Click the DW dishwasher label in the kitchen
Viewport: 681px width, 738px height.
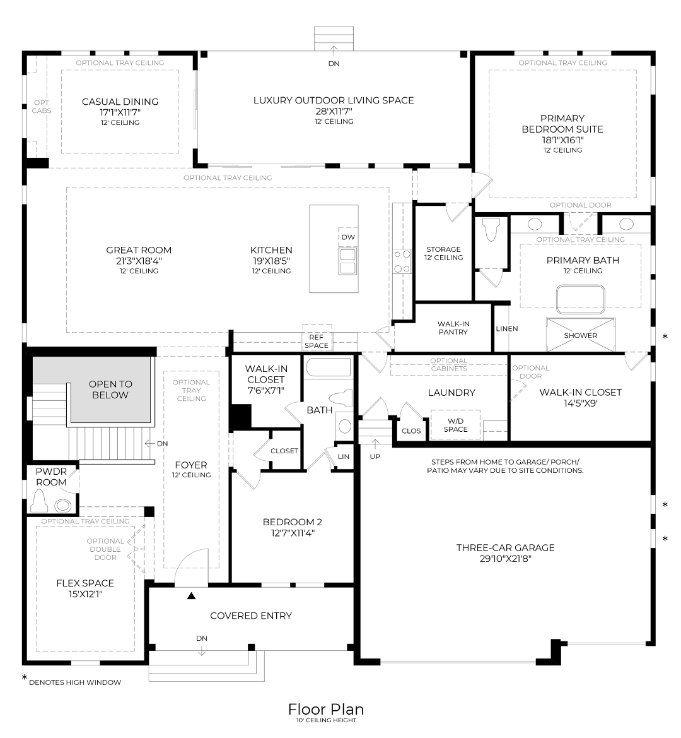pyautogui.click(x=348, y=237)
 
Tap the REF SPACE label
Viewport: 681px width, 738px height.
pyautogui.click(x=316, y=342)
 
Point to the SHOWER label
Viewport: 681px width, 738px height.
pyautogui.click(x=580, y=335)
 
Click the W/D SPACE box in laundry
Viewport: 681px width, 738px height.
pyautogui.click(x=455, y=425)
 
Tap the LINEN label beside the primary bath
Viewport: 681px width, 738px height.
pyautogui.click(x=507, y=328)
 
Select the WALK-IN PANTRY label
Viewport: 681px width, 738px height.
pyautogui.click(x=453, y=328)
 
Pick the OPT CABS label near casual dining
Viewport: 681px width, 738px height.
pyautogui.click(x=42, y=107)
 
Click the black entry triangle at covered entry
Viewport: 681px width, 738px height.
pyautogui.click(x=191, y=595)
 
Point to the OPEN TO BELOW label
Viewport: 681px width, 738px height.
pyautogui.click(x=110, y=390)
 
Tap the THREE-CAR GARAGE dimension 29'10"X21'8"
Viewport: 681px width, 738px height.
pyautogui.click(x=505, y=558)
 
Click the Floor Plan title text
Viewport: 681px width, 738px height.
pyautogui.click(x=325, y=709)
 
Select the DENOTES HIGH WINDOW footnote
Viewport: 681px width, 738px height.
pyautogui.click(x=75, y=682)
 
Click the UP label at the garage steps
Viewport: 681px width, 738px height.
pyautogui.click(x=375, y=456)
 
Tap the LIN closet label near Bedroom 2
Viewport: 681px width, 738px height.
pyautogui.click(x=344, y=456)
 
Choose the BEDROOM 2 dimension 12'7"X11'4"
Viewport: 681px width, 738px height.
pyautogui.click(x=292, y=533)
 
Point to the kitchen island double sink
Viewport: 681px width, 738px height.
pyautogui.click(x=347, y=261)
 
